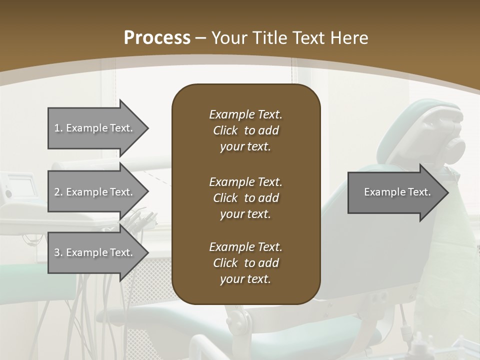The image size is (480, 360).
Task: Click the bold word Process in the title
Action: pyautogui.click(x=157, y=38)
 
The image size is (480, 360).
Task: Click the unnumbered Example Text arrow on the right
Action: pyautogui.click(x=397, y=192)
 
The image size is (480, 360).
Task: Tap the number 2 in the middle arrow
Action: pyautogui.click(x=57, y=192)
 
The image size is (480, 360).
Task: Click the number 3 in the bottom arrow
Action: pyautogui.click(x=57, y=252)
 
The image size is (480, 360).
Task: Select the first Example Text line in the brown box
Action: pyautogui.click(x=245, y=114)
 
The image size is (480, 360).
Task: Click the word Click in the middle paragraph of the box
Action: pyautogui.click(x=225, y=198)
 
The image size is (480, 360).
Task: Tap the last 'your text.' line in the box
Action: pyautogui.click(x=245, y=279)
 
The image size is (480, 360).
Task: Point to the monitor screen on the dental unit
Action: pyautogui.click(x=22, y=187)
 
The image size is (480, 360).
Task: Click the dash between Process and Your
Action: pyautogui.click(x=201, y=38)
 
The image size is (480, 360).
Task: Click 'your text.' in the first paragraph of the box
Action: pyautogui.click(x=245, y=147)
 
